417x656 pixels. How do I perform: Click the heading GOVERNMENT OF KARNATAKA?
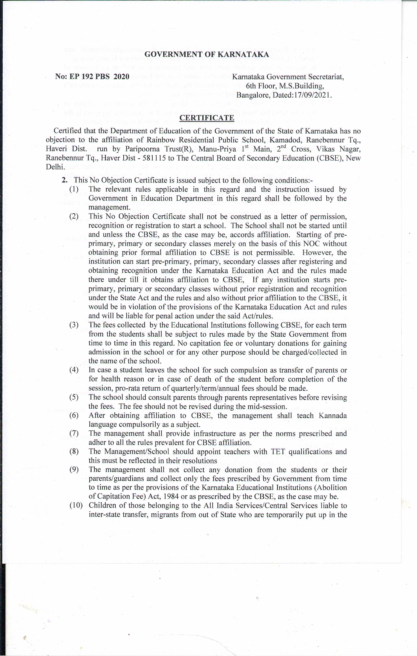[x=207, y=54]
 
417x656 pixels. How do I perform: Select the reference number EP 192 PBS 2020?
[x=99, y=77]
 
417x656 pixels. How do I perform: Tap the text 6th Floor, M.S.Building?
[x=285, y=86]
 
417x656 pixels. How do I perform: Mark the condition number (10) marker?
[x=76, y=506]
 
